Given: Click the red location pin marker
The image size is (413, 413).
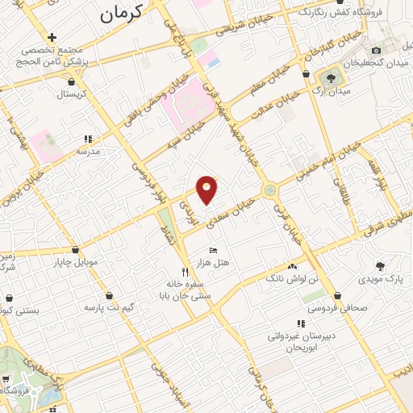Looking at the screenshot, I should (x=206, y=188).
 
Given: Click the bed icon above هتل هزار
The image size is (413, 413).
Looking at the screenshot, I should (x=213, y=251).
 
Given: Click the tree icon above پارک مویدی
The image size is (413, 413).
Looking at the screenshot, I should (x=380, y=265).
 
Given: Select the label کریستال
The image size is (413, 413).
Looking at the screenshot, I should (x=74, y=94).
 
